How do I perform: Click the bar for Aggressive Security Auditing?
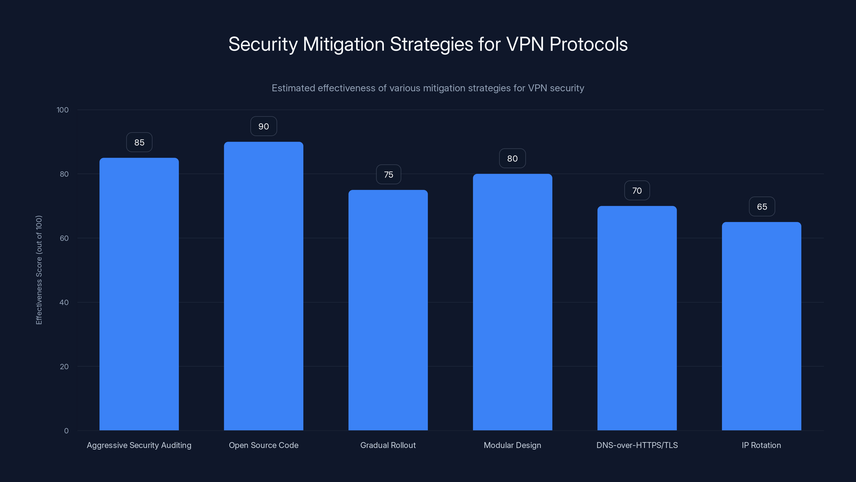pos(139,294)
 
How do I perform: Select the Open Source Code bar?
pos(263,286)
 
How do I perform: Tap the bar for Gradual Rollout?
pos(388,310)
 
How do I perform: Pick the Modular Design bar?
pos(513,302)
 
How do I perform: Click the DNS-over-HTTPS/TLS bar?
pos(637,318)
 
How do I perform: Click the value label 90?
pos(263,126)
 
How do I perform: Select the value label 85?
pos(139,142)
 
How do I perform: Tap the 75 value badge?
pos(388,175)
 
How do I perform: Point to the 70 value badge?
pos(637,191)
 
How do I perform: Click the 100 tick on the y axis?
pos(63,110)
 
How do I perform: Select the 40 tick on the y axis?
pos(64,302)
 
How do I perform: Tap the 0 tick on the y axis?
pos(66,431)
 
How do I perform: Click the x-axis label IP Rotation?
pos(761,445)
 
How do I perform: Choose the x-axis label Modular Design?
pos(513,445)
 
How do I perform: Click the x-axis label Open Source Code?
pos(263,445)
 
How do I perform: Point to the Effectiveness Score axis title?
pos(39,270)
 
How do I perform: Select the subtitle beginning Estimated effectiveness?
pos(428,88)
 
